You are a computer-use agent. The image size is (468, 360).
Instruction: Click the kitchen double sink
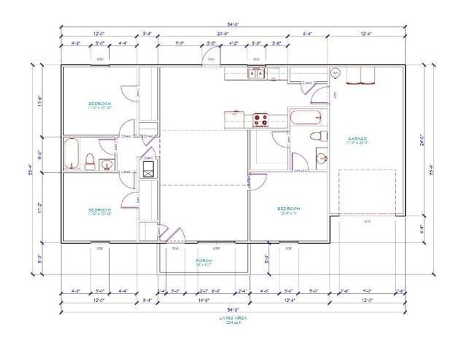click(256, 73)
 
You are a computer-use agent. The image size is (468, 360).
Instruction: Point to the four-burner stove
click(261, 121)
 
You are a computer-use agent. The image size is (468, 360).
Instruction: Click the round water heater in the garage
click(336, 73)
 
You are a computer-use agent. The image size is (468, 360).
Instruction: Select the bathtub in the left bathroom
click(72, 154)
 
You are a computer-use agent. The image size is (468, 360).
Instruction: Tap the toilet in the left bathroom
click(90, 161)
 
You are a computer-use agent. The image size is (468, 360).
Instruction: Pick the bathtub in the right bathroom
click(306, 117)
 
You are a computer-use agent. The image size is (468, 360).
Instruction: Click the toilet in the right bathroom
click(317, 135)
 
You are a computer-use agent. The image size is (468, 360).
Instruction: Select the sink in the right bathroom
click(321, 158)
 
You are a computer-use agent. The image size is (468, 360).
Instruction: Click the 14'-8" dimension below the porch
click(203, 300)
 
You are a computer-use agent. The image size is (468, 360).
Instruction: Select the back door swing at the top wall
click(210, 56)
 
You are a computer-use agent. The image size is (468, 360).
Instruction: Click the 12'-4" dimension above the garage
click(365, 34)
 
